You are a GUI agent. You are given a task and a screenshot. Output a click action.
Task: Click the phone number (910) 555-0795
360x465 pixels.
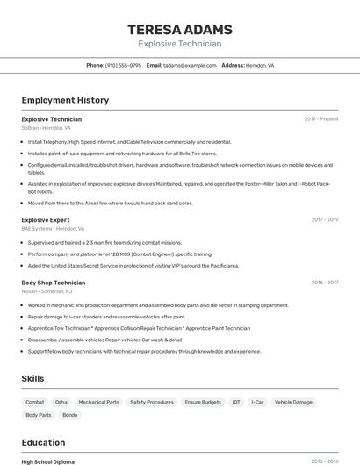coord(123,65)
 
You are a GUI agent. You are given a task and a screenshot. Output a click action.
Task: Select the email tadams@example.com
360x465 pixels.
coord(189,65)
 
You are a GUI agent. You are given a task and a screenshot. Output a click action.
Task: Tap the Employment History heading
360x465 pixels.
coord(65,100)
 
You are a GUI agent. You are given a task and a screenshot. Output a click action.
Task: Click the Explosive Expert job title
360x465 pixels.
coord(46,219)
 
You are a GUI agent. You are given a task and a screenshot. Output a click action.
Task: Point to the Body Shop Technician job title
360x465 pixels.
coord(54,283)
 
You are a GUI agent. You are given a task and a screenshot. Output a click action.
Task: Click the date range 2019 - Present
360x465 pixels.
coord(321,119)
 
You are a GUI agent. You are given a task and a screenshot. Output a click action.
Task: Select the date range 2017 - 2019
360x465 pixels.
coord(325,219)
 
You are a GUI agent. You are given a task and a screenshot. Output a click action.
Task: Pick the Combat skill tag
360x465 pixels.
coord(35,402)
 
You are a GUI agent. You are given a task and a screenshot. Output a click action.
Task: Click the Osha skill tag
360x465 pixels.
coord(61,402)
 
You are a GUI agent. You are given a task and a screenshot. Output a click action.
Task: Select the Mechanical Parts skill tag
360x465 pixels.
coord(98,402)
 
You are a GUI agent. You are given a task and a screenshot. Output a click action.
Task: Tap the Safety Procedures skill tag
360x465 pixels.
coord(152,402)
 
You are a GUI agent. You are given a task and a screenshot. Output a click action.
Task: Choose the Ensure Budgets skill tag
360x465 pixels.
coord(203,402)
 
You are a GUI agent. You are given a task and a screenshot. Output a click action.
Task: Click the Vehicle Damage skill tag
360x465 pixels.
coord(293,402)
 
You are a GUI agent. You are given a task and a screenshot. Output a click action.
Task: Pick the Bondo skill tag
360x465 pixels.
coord(70,415)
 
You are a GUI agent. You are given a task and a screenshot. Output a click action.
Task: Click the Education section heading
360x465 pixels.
coord(43,442)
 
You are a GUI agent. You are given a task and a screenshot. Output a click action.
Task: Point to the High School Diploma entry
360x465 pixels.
coord(48,461)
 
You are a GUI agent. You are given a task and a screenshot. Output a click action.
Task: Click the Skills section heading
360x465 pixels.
coord(33,378)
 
